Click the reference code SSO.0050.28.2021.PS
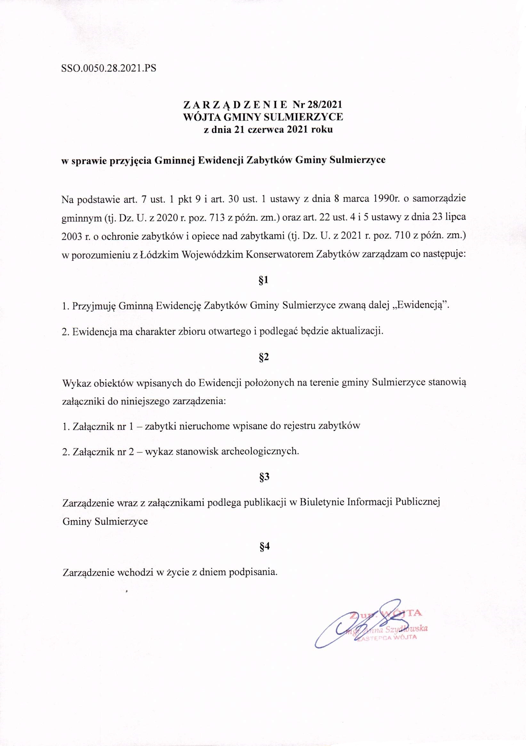(x=109, y=69)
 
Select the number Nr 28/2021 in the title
(x=317, y=105)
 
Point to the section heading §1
(x=263, y=280)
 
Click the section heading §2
(x=263, y=357)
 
